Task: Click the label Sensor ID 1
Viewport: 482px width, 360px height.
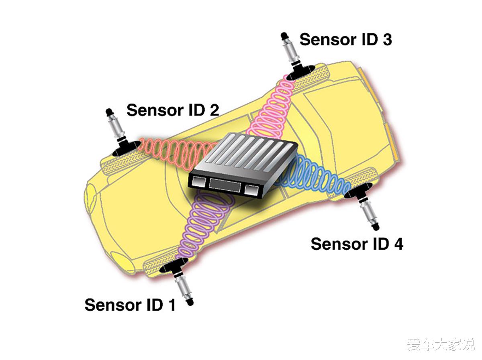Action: pos(130,305)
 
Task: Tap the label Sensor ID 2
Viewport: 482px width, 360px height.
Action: pos(173,110)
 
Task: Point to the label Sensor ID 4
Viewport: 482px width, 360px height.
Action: pos(357,244)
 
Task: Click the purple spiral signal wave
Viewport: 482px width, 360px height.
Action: pos(201,225)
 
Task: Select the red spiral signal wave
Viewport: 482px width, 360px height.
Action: pos(173,151)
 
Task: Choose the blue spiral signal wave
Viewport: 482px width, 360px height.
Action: pos(317,177)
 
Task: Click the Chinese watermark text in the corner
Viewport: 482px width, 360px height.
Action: pos(441,344)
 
